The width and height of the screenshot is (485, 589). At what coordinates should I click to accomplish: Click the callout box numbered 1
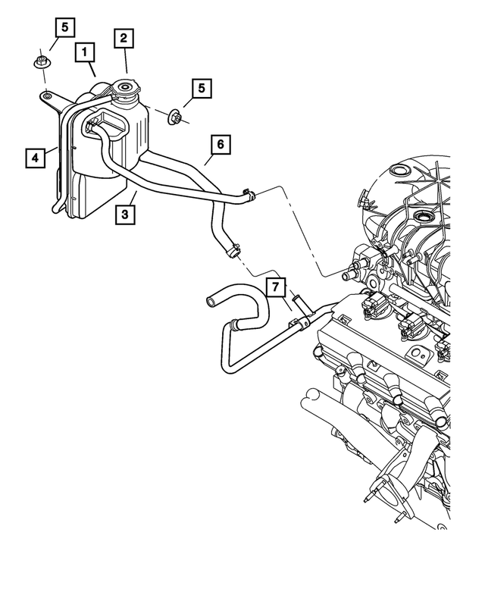tap(85, 52)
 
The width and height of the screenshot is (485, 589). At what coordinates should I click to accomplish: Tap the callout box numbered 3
tap(126, 215)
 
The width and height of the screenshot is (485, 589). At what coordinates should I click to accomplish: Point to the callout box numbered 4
tap(34, 158)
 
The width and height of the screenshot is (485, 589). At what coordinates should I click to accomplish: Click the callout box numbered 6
tap(220, 144)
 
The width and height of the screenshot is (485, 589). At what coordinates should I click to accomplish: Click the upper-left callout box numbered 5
tap(64, 28)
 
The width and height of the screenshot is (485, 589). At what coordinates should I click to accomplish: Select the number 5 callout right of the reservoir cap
tap(201, 89)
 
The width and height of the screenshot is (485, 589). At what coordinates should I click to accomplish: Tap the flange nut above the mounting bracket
tap(42, 62)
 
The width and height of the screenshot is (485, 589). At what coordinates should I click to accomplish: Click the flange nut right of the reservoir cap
tap(175, 117)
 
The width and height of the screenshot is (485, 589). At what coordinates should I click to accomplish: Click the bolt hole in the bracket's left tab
tap(48, 96)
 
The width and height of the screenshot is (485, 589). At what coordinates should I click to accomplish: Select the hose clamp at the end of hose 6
tap(246, 195)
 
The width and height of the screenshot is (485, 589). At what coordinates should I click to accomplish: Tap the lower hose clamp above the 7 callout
tap(233, 247)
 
